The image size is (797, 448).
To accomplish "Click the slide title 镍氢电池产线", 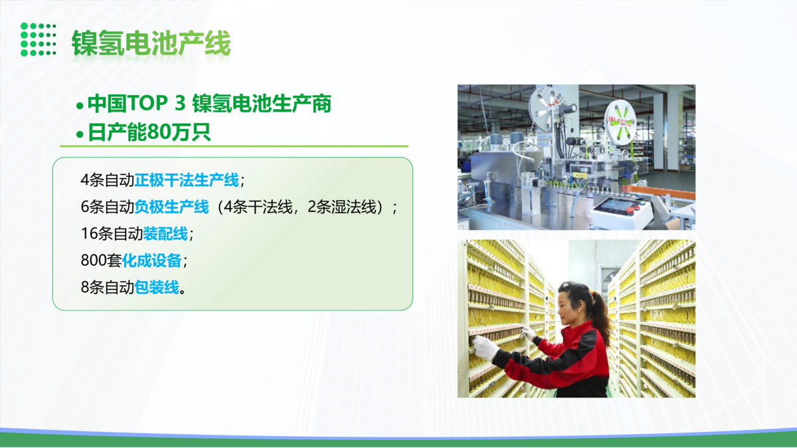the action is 151,43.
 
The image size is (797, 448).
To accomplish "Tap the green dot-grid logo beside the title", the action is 38,39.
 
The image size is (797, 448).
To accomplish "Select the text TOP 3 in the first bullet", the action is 156,103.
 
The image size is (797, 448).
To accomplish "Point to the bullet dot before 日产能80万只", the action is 80,134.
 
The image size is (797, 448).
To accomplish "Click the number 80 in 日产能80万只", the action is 159,132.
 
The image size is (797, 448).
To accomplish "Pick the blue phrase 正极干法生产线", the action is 187,180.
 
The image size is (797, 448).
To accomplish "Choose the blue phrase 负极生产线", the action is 171,207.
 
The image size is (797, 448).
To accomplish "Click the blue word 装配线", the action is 165,233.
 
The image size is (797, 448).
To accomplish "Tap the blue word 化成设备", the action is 152,261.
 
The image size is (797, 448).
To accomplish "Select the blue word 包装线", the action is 157,287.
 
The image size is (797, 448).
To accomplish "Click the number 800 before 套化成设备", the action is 94,261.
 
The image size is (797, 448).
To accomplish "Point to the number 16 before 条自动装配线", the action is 89,233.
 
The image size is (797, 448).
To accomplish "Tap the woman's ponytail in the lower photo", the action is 600,313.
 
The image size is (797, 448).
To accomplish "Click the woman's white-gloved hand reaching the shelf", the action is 486,347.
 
